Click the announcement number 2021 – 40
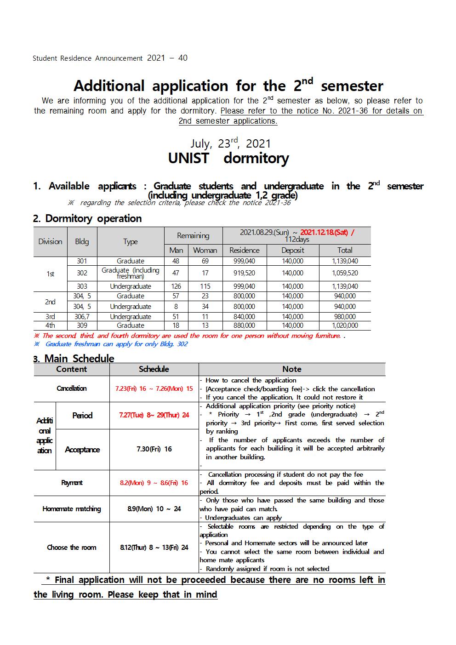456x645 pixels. tap(167, 58)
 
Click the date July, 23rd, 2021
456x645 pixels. tap(231, 143)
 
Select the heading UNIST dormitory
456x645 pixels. tap(228, 158)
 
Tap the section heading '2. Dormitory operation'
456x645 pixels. tap(87, 218)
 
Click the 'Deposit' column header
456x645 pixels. tap(293, 250)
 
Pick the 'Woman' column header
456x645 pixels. tap(205, 250)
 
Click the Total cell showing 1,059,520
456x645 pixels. tap(345, 273)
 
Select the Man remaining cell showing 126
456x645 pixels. tap(176, 286)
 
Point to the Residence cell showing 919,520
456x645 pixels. tap(245, 273)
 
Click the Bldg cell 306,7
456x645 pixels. tap(82, 316)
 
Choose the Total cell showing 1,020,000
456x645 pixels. tap(345, 325)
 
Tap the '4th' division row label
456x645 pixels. tap(50, 325)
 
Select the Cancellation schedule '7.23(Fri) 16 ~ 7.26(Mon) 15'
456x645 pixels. tap(154, 388)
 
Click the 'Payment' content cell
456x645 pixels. tap(72, 483)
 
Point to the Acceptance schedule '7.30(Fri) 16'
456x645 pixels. tap(154, 449)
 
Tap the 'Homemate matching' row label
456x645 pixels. tap(72, 509)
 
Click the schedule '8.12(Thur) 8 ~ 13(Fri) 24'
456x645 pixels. tap(154, 548)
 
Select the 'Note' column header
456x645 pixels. tap(292, 369)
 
